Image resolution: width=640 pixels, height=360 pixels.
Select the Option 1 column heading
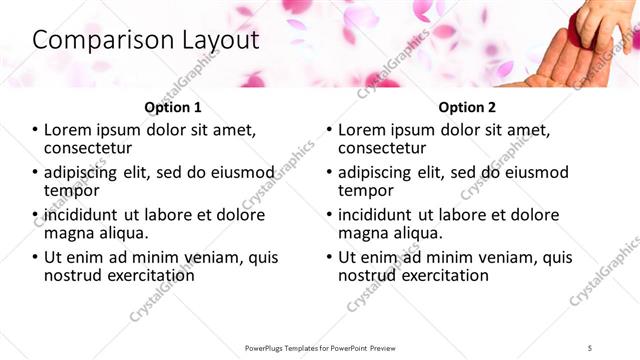click(173, 107)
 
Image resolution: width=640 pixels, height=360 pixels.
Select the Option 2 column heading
click(467, 107)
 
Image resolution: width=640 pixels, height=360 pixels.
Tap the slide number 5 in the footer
click(604, 347)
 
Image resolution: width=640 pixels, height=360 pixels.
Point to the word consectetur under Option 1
click(93, 148)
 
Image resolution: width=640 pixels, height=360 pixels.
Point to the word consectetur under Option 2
click(387, 148)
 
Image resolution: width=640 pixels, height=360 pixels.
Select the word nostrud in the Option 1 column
click(73, 275)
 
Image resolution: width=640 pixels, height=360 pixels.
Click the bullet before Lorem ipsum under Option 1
click(36, 130)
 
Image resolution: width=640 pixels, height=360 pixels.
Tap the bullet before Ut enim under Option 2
click(330, 257)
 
